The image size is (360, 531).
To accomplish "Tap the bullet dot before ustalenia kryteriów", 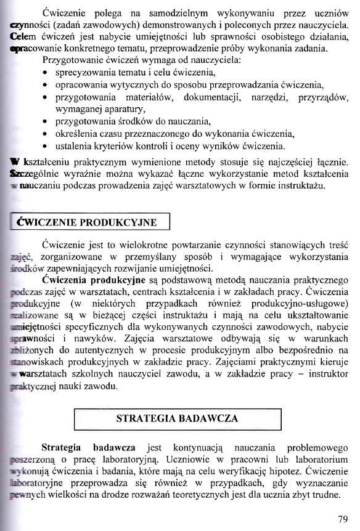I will (46, 146).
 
